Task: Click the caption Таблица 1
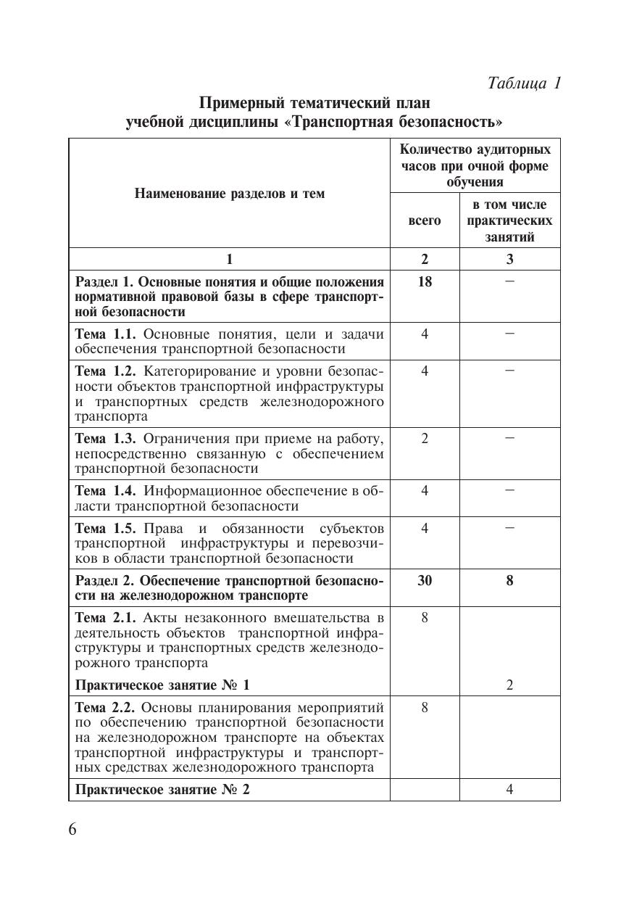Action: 525,83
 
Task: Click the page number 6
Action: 72,830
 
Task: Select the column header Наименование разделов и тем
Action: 229,194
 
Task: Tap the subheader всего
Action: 425,220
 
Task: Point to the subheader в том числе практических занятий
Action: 509,220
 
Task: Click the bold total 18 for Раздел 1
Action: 425,281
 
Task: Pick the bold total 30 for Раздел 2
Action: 425,580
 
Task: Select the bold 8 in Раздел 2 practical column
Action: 509,580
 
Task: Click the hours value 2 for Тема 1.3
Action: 425,438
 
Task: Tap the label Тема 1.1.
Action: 107,334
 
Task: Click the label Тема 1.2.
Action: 107,371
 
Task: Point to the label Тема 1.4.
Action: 107,490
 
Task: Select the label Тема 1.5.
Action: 107,528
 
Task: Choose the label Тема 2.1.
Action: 107,618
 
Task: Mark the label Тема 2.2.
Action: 107,708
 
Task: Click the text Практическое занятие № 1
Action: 162,685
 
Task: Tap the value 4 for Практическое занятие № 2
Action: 509,790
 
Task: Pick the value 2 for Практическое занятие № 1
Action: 509,685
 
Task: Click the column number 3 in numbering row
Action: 509,260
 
